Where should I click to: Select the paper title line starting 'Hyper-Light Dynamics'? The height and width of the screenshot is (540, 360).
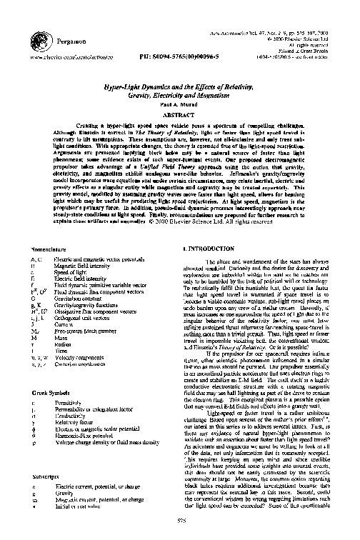pos(179,85)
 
